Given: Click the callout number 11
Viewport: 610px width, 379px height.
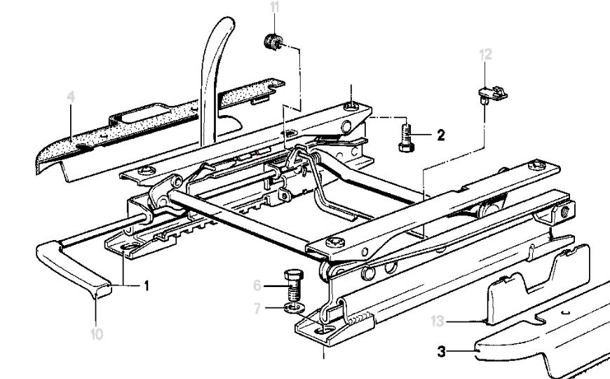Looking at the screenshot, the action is pos(275,8).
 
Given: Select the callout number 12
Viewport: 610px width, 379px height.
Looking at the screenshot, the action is pos(485,55).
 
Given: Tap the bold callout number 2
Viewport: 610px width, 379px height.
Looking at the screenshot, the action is pos(441,135).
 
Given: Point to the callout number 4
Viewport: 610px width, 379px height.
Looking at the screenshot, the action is pos(70,97).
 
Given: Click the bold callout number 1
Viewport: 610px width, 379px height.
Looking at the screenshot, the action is pos(147,286).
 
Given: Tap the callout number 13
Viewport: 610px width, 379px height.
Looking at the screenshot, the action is pos(438,321).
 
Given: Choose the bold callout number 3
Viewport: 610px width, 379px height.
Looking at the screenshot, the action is pos(441,352).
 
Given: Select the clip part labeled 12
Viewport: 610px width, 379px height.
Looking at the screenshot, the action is pos(492,95).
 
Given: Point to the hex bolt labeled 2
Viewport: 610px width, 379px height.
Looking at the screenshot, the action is pos(406,138).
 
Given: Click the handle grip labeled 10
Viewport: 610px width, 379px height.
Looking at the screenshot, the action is pos(73,269).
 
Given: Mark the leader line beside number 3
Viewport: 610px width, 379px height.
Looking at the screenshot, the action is pos(461,352).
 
